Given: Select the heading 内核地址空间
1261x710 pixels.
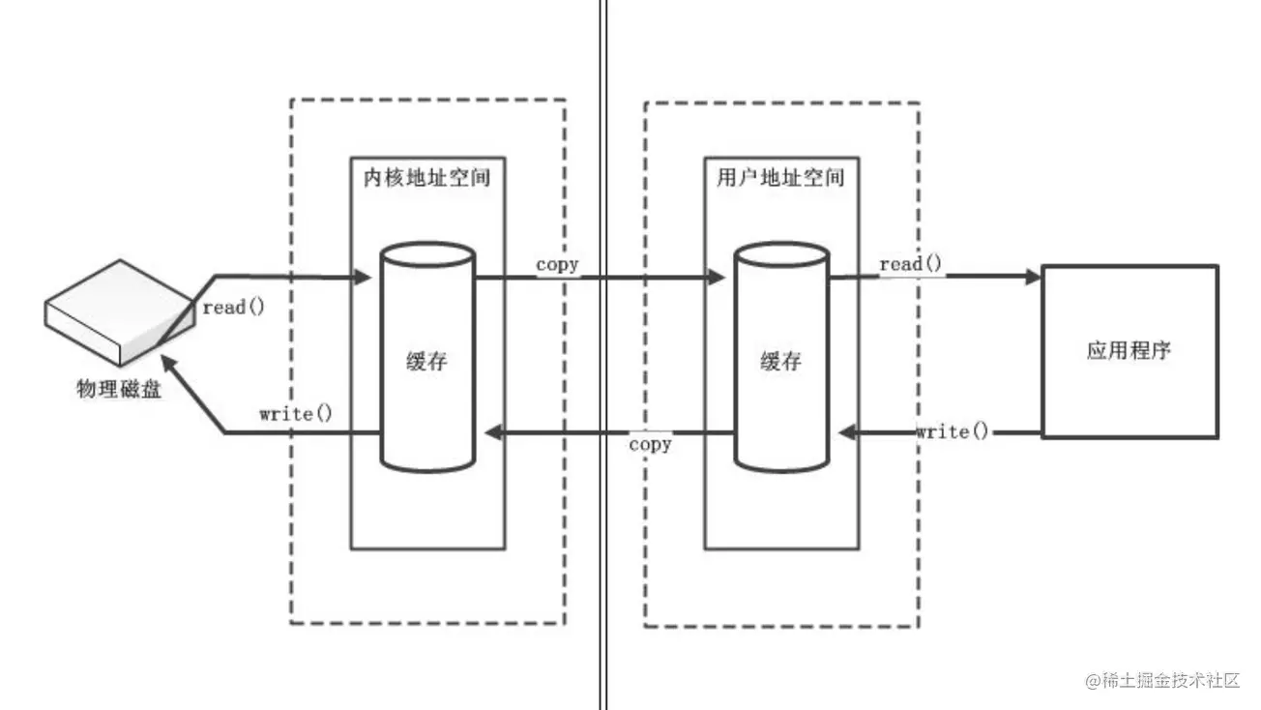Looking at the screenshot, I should click(426, 178).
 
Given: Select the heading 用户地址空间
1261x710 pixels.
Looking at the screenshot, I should click(781, 178).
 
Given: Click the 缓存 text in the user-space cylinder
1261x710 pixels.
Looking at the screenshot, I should click(781, 363).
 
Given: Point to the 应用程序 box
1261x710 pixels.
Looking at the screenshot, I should click(1129, 351).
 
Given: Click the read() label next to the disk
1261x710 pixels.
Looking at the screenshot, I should click(232, 308).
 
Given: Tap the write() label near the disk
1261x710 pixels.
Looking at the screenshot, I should click(296, 414).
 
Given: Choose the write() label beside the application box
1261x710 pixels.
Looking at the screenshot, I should click(953, 431).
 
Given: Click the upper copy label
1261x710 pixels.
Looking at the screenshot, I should click(558, 264).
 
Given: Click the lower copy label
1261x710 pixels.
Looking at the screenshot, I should click(650, 445).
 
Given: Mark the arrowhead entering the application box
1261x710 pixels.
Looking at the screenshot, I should click(1032, 277).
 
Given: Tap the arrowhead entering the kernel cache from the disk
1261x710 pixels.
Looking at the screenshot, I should click(364, 278).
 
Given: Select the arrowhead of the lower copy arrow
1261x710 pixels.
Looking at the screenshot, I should click(491, 433).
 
